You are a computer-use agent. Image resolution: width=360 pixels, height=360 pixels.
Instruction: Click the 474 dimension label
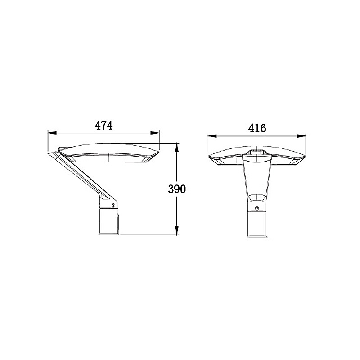click(x=104, y=126)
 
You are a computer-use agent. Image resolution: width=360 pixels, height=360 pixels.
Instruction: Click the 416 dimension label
click(x=257, y=128)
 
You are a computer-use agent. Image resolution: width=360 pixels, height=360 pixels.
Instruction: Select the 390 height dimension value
click(x=177, y=189)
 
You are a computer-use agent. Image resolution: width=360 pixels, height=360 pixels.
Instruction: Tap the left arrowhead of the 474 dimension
click(x=52, y=133)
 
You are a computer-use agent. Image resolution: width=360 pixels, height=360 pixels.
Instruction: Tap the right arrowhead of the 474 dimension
click(x=155, y=133)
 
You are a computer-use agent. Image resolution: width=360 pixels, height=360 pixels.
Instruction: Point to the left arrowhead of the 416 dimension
click(x=212, y=136)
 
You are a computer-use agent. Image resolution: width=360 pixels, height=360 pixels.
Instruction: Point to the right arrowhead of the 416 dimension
click(x=301, y=136)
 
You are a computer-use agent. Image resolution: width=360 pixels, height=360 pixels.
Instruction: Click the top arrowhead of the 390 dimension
click(x=177, y=148)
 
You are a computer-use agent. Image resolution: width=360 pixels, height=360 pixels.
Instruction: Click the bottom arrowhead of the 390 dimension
click(x=177, y=230)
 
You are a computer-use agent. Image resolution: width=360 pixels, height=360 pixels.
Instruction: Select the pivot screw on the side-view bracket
click(x=113, y=206)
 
